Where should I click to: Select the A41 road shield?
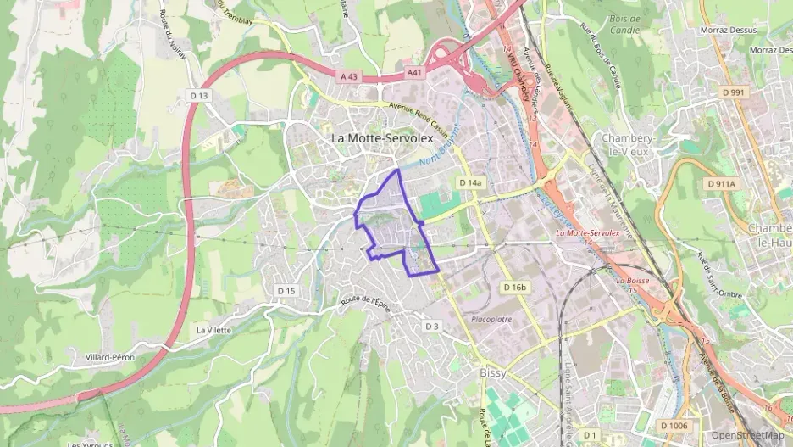[414, 73]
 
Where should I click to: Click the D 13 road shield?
[199, 96]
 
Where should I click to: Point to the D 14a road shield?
[470, 182]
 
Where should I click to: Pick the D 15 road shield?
[287, 291]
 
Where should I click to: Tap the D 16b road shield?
[514, 288]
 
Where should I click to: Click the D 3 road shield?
[432, 326]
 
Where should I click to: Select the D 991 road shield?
[733, 92]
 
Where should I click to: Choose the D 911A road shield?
[722, 183]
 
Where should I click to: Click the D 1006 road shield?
[674, 425]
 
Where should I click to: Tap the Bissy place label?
[492, 372]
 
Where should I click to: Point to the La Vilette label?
[213, 330]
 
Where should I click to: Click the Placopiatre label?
[491, 320]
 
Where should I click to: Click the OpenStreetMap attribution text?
[748, 435]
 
